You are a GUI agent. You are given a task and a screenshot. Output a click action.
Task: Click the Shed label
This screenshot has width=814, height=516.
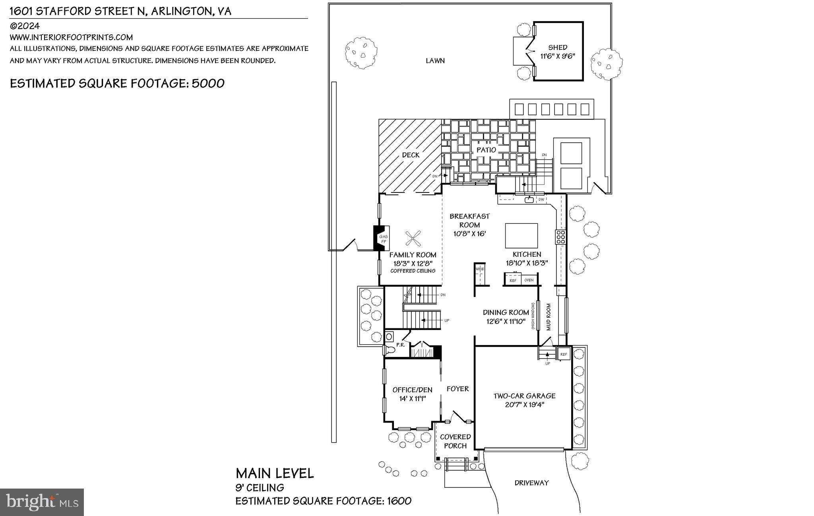point(558,47)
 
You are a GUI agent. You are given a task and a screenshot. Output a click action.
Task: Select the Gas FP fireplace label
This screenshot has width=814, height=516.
point(383,239)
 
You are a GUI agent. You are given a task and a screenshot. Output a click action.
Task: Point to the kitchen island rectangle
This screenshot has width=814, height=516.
point(521,235)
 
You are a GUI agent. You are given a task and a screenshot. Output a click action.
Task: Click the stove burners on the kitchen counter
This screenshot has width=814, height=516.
point(561,237)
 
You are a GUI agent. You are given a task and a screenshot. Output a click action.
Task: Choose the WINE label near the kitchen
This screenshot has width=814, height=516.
point(480,269)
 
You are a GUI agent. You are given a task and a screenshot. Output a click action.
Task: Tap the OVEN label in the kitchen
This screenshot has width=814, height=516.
point(529,280)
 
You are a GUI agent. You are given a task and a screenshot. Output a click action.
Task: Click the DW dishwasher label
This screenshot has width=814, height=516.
point(541,200)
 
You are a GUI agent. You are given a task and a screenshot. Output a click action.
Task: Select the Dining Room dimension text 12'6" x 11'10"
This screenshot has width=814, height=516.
point(506,321)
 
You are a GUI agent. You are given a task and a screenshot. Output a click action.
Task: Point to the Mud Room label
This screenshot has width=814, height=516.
point(548,317)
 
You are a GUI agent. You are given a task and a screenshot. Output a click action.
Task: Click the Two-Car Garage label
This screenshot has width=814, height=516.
point(524,396)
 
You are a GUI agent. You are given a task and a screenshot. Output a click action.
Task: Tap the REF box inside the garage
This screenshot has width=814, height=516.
point(563,354)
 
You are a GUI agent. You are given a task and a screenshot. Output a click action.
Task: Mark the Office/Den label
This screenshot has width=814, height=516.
point(412,390)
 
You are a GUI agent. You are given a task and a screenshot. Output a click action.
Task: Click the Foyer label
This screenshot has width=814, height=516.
point(457,389)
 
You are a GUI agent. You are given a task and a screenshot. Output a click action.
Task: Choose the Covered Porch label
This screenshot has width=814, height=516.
point(455,441)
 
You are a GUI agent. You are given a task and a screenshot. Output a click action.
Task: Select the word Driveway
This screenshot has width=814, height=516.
point(531,483)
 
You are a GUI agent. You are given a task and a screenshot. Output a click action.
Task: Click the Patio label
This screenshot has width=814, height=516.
point(486,150)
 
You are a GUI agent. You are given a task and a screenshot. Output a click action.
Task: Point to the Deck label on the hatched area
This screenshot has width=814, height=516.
point(411,155)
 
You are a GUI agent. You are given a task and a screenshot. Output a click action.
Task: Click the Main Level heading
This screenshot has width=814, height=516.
point(275,473)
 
